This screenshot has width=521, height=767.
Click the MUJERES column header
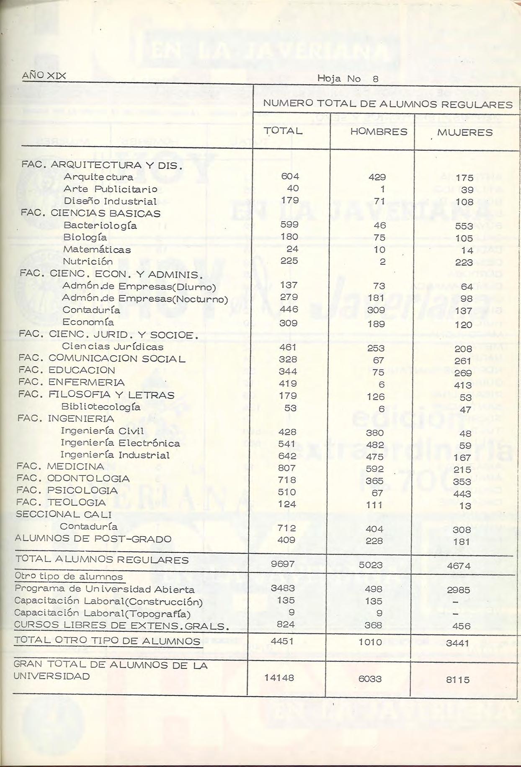tap(465, 132)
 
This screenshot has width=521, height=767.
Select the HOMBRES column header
tap(379, 132)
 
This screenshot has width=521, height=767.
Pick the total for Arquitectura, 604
tap(290, 177)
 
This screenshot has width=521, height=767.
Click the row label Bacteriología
tap(100, 225)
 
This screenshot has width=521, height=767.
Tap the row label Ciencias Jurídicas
tap(113, 346)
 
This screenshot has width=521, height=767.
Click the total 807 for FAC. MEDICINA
tap(287, 468)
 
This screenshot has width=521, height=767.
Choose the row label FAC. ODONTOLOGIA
tap(73, 478)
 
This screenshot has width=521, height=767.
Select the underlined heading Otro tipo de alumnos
tap(69, 576)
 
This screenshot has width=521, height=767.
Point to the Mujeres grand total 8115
tap(457, 679)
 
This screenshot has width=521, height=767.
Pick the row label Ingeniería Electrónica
tap(120, 443)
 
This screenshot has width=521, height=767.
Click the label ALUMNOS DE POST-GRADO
tap(93, 539)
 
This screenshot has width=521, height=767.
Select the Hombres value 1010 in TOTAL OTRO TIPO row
tap(370, 642)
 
